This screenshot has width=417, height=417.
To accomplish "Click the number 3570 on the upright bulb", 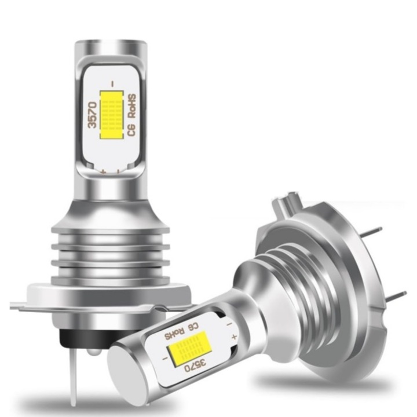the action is tap(93, 115).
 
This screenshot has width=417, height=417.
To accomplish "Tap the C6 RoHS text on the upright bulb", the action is tap(132, 115).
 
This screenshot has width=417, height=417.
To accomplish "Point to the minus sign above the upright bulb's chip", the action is tap(112, 84).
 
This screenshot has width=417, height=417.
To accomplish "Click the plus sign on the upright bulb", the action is tap(104, 172).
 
